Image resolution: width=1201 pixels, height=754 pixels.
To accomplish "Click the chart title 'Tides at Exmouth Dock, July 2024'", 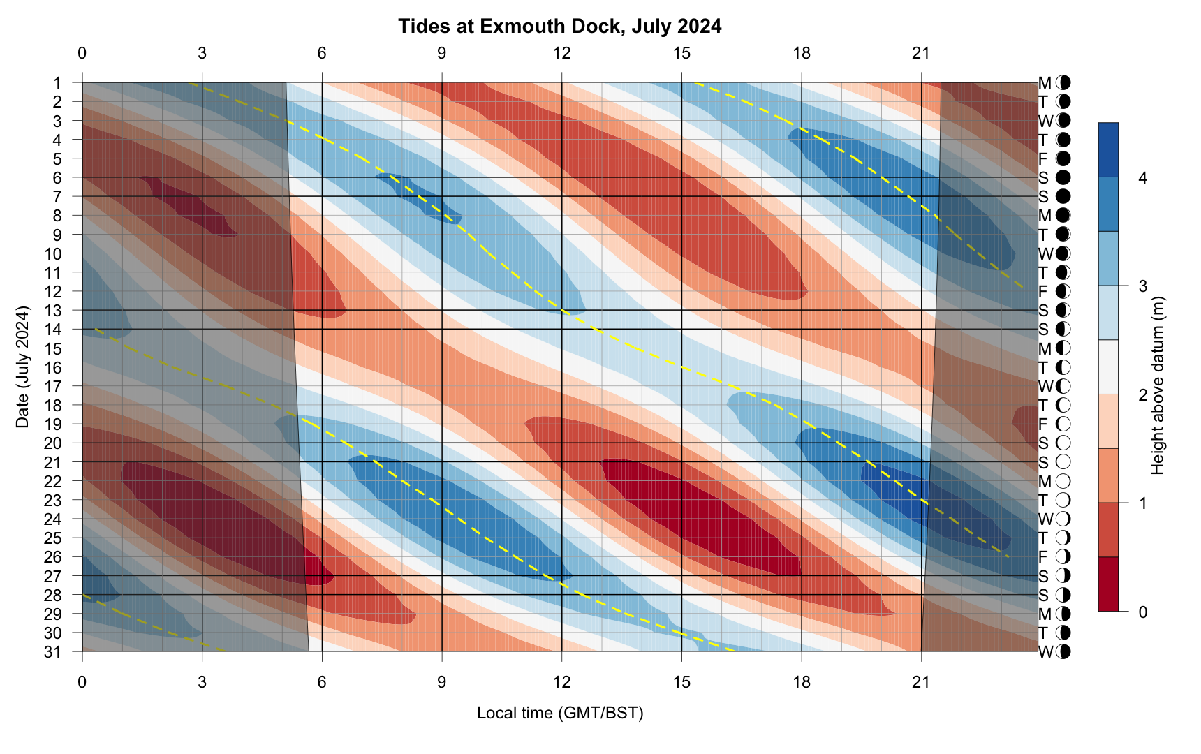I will click(x=559, y=27).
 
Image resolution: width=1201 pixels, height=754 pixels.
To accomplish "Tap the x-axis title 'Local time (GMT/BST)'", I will click(x=559, y=713).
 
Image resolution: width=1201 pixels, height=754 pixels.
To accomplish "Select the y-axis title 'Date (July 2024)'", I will click(x=23, y=367).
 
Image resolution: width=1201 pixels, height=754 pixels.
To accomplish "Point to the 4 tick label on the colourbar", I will click(x=1142, y=178).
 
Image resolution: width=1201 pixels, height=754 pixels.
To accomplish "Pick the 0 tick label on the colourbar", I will click(x=1142, y=612).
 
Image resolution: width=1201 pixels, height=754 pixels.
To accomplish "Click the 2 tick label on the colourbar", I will click(x=1142, y=395).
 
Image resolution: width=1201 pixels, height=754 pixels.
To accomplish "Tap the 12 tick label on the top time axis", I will click(x=561, y=53).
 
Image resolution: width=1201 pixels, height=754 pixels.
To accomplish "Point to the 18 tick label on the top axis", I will click(x=802, y=53).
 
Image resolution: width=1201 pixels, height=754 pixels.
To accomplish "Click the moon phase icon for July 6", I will click(x=1063, y=177).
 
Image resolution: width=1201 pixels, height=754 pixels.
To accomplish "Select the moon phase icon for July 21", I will click(x=1063, y=462).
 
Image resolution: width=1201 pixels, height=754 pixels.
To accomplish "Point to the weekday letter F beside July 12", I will click(x=1043, y=291).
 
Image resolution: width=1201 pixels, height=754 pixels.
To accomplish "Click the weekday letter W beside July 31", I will click(x=1045, y=652).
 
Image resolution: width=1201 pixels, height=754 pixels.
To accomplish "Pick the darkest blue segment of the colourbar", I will click(x=1108, y=149).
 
